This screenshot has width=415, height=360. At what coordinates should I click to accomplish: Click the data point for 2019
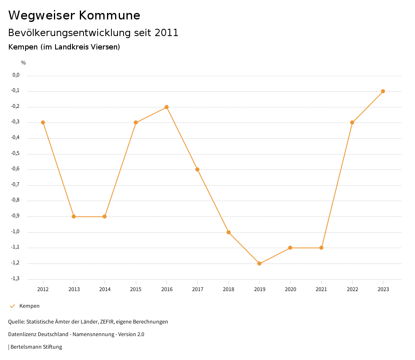point(259,264)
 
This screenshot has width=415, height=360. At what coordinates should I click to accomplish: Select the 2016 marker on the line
point(167,107)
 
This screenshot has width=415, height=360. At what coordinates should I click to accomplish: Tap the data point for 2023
point(383,91)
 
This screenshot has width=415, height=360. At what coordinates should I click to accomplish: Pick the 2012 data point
point(43,122)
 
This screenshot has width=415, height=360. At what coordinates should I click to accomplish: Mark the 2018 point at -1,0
point(229,232)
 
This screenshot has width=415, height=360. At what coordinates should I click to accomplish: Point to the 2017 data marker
point(197,169)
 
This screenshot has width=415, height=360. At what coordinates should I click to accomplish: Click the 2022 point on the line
point(352,122)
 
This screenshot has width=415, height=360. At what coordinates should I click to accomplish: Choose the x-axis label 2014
point(105,289)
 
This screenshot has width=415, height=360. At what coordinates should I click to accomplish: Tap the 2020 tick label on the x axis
point(290,289)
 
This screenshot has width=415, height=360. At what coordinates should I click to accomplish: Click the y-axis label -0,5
point(15,154)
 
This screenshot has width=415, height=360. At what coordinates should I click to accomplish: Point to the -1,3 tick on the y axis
point(15,279)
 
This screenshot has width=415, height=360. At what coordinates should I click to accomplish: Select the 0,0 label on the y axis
point(16,75)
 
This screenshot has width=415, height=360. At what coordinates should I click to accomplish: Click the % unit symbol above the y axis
point(24,63)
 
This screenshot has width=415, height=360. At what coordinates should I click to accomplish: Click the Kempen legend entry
point(29,306)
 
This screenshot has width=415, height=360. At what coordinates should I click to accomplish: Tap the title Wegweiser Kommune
point(74,15)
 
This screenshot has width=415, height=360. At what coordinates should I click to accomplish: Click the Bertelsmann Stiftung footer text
point(36,347)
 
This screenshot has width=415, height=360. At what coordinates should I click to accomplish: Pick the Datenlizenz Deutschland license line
point(76,334)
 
